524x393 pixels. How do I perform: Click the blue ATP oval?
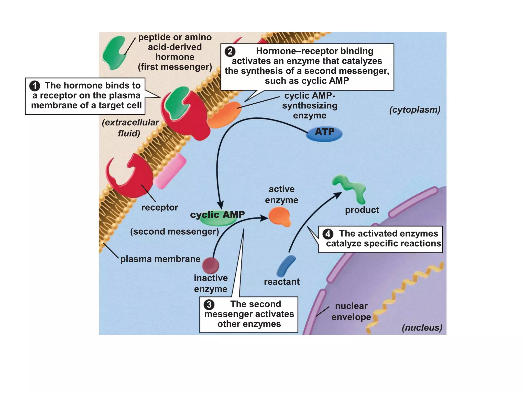(x=324, y=133)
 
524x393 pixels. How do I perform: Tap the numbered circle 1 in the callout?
(x=35, y=86)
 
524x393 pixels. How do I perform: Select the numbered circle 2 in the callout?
(x=230, y=52)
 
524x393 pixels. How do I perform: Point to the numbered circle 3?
(x=209, y=304)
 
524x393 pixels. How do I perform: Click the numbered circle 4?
(x=328, y=234)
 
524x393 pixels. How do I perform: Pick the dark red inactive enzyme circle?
(x=211, y=266)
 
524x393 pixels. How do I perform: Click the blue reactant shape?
(x=286, y=266)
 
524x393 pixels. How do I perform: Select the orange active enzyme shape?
(x=280, y=216)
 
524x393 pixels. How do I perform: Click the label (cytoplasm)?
(x=414, y=110)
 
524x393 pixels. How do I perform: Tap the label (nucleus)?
(x=422, y=327)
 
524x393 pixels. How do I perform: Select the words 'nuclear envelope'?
(x=351, y=311)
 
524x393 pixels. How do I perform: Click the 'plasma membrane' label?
(x=160, y=259)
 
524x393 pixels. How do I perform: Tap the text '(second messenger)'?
(x=174, y=232)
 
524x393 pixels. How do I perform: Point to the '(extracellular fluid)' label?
(x=130, y=128)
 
